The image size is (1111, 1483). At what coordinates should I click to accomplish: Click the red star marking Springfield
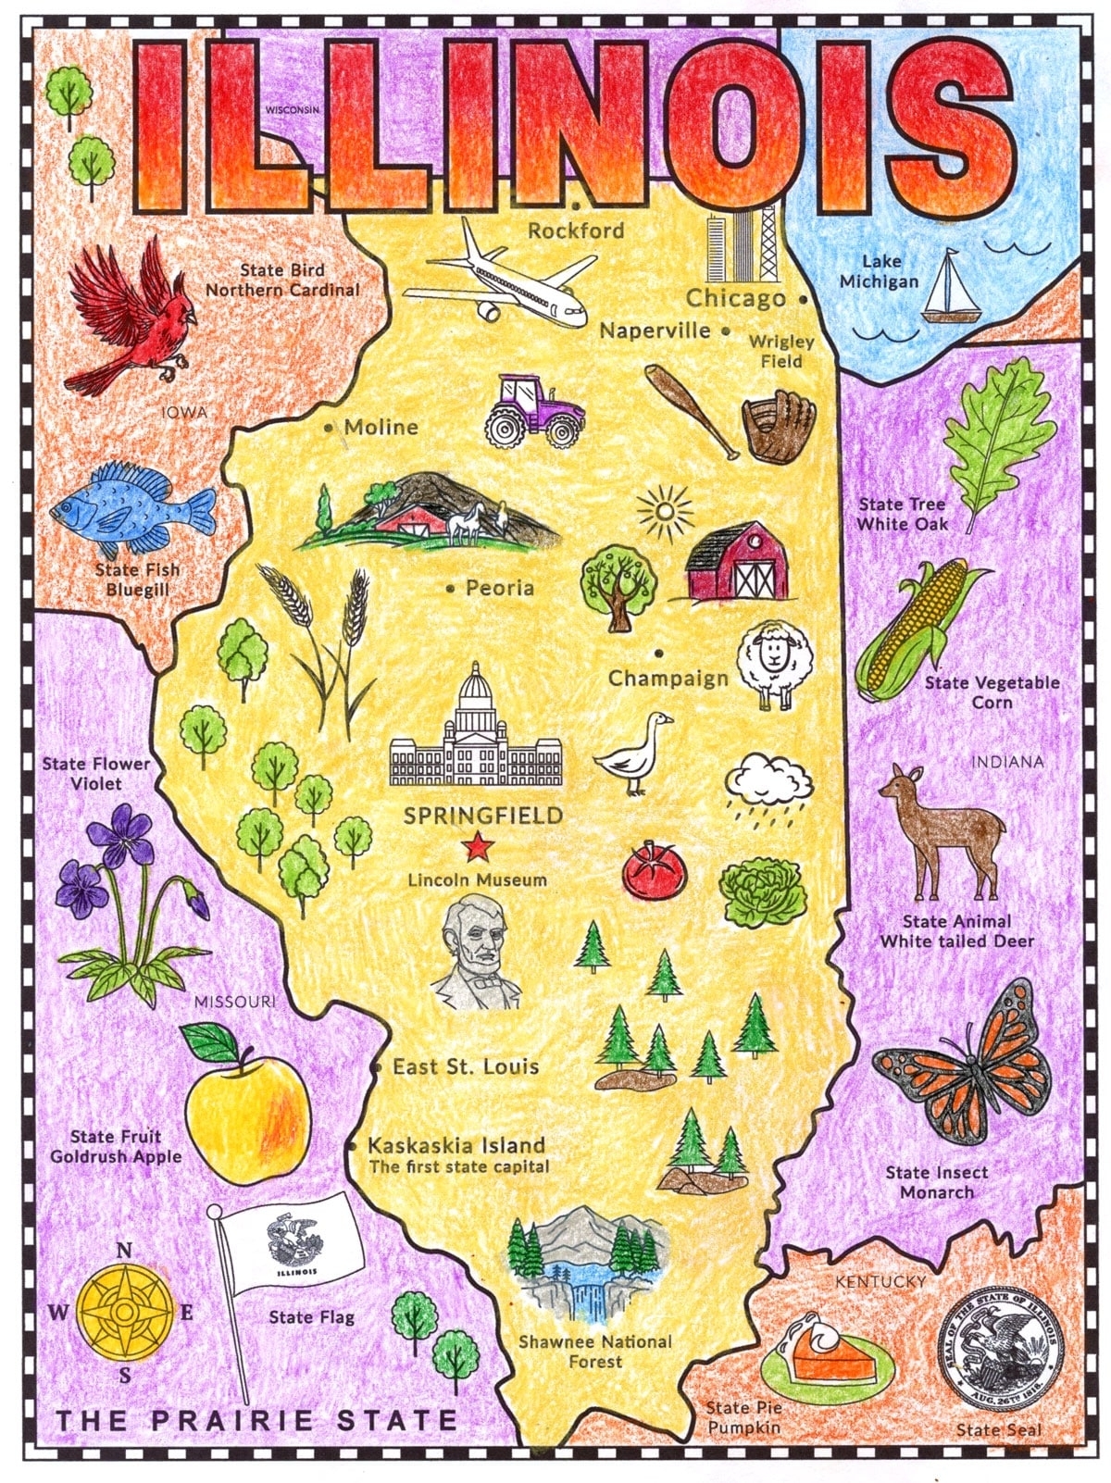(x=477, y=845)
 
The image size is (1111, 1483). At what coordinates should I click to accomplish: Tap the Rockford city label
(x=576, y=231)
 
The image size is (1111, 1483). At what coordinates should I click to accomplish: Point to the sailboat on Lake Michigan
(x=949, y=289)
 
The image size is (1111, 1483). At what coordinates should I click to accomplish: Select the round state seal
(x=998, y=1349)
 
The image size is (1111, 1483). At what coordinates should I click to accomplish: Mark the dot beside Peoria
(x=451, y=588)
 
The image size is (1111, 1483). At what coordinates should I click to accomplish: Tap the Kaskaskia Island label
(x=456, y=1145)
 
